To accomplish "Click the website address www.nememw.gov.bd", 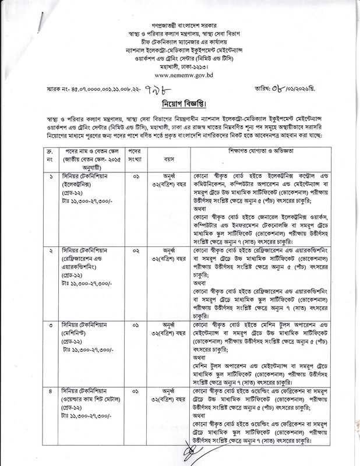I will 179,76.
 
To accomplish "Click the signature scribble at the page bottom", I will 193,450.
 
